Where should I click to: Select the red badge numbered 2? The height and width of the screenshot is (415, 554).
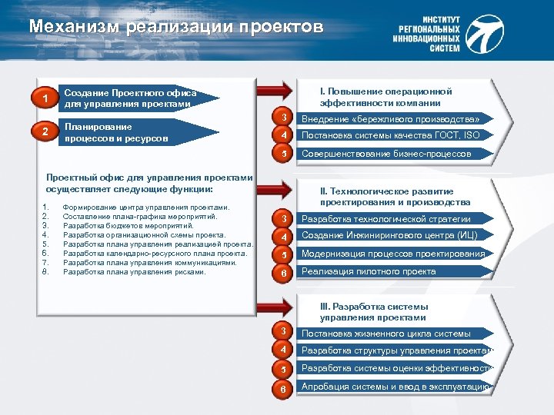point(46,132)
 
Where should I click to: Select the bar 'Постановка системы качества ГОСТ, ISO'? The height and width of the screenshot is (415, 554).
point(391,136)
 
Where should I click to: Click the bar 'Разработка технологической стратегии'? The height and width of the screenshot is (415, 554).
point(391,219)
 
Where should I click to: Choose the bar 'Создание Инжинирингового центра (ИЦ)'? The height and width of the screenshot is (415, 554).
point(391,236)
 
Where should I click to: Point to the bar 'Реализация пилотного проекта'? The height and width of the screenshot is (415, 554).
point(391,271)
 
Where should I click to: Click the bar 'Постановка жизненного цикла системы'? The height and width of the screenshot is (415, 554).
point(391,334)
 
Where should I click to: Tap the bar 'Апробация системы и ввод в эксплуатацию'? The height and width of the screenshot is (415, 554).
point(394,387)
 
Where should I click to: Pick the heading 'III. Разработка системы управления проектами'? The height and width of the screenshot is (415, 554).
point(373,311)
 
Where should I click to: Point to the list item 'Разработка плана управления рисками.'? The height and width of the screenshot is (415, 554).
point(135,271)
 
